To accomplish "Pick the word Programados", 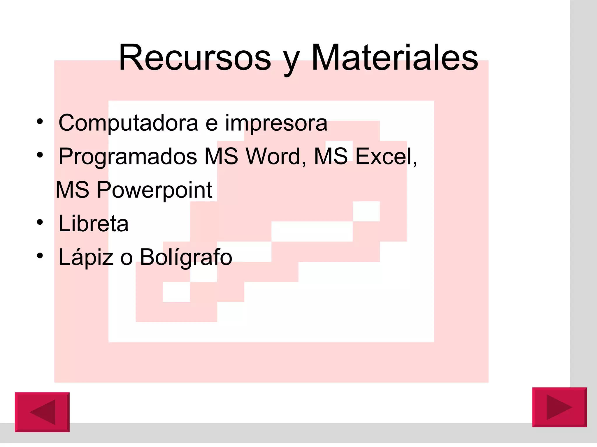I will point(128,157).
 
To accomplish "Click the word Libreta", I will point(93,223).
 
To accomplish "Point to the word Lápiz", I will point(86,257).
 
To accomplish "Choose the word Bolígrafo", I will point(186,257).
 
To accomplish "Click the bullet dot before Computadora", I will point(40,121).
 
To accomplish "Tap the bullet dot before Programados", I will point(40,155).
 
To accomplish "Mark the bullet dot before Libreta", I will point(40,222).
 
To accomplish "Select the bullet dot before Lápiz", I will point(40,256).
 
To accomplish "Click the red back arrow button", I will point(42,412).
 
